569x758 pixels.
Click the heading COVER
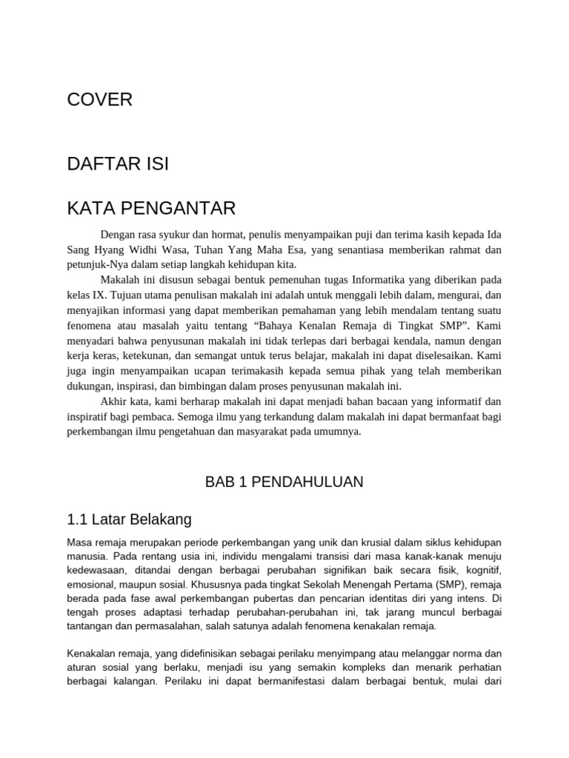pos(99,100)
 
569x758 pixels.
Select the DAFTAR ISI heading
pos(118,164)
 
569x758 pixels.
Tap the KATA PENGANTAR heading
pos(151,207)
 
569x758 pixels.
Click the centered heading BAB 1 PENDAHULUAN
pos(284,482)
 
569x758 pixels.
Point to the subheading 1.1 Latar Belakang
pos(129,519)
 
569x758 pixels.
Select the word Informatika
pos(381,280)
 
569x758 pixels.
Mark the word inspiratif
pos(90,416)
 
